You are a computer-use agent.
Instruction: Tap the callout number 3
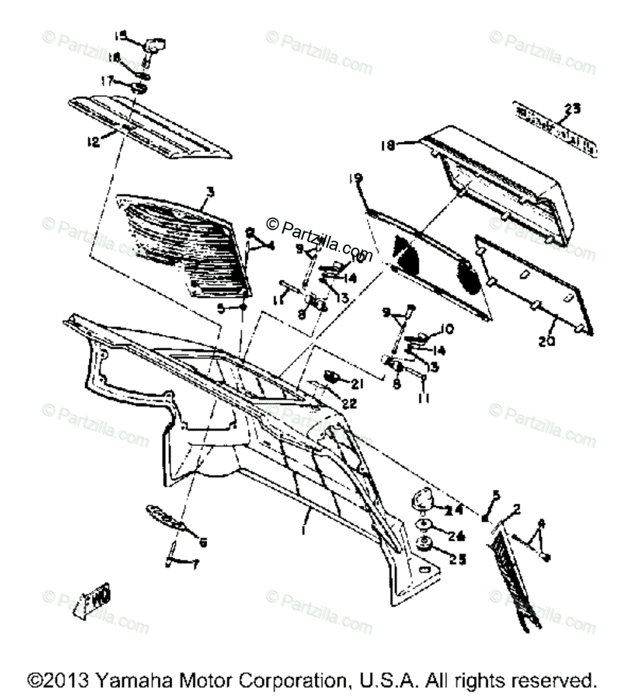pyautogui.click(x=210, y=192)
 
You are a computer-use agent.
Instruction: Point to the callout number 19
pyautogui.click(x=357, y=179)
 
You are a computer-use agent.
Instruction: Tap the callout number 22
pyautogui.click(x=349, y=404)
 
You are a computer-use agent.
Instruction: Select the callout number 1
pyautogui.click(x=304, y=531)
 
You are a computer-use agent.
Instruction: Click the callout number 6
pyautogui.click(x=202, y=543)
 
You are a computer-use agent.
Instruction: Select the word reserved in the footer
pyautogui.click(x=555, y=680)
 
